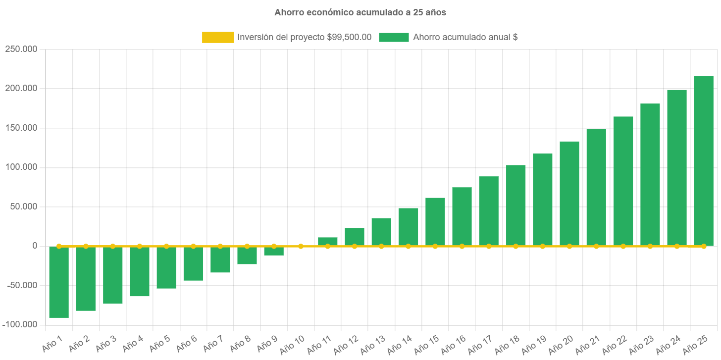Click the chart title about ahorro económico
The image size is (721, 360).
pos(360,12)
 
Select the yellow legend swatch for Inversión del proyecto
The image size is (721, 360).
pos(218,37)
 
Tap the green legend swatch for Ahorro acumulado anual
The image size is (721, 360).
pos(394,37)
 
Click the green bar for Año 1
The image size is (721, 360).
pos(59,282)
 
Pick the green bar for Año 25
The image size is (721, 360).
pos(703,161)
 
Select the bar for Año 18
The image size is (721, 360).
pos(515,206)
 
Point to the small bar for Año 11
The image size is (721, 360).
pos(327,241)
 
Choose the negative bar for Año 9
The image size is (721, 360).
pos(274,251)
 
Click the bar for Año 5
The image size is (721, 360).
pos(166,267)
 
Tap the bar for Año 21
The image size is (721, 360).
pos(596,188)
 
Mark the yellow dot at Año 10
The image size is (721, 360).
pos(301,246)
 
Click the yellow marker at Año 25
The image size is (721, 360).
pos(704,246)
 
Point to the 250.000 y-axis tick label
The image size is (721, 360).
pos(21,50)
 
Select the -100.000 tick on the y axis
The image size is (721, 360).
pos(19,324)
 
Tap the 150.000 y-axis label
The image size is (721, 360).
pos(21,128)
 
